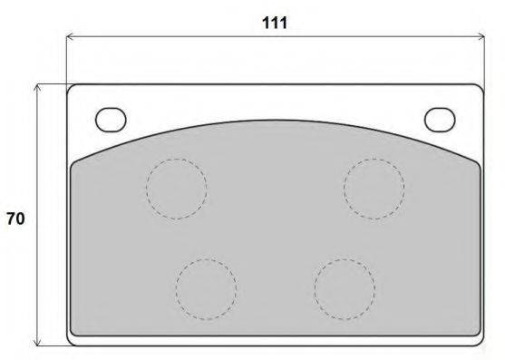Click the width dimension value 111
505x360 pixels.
(275, 24)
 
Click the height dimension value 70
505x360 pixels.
(15, 219)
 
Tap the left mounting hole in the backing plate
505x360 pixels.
(111, 120)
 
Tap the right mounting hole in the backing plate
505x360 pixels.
(440, 120)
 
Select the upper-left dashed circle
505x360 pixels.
(147, 189)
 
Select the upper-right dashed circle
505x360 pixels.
(344, 189)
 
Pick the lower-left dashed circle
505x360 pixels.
(176, 289)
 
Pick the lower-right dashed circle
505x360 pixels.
(315, 289)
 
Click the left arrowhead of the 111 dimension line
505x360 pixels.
(67, 36)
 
